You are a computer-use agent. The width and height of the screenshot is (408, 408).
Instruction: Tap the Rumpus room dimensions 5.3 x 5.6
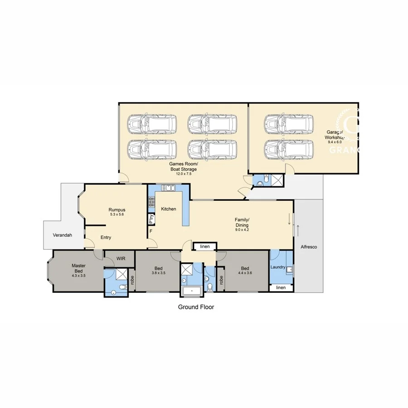click(x=117, y=215)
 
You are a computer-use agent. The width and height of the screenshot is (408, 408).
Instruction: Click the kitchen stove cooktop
click(x=151, y=204)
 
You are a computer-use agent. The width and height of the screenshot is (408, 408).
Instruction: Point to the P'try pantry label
click(x=151, y=219)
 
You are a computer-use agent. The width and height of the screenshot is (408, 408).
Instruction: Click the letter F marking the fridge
click(x=151, y=231)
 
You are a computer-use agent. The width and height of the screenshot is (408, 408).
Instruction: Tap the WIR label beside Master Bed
click(x=121, y=258)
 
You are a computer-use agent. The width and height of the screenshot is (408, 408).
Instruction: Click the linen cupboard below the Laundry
click(x=281, y=288)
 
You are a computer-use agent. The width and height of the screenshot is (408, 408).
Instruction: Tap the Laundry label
click(x=278, y=267)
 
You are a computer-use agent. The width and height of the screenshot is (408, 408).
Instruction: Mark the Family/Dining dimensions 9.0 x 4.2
click(x=241, y=230)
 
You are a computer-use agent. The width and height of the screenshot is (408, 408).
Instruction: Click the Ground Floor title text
click(x=195, y=307)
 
